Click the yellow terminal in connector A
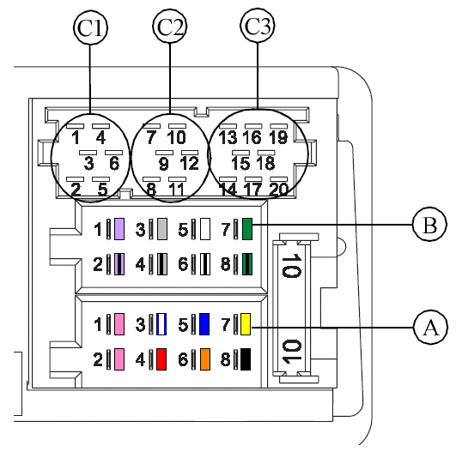[x=246, y=324]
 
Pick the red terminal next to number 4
[x=161, y=359]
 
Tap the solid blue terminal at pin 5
[x=204, y=324]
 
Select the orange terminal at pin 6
[x=205, y=359]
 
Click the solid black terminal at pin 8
[x=246, y=359]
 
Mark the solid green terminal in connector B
[x=247, y=229]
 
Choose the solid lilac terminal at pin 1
[x=119, y=229]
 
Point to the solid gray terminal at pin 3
[x=162, y=229]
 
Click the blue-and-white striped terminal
[x=161, y=324]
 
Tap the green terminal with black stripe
[x=247, y=264]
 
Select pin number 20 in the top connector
[x=278, y=190]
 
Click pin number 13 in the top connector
[x=228, y=137]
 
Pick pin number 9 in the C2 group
[x=164, y=164]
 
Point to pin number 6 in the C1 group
[x=114, y=163]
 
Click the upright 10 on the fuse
[x=292, y=266]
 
